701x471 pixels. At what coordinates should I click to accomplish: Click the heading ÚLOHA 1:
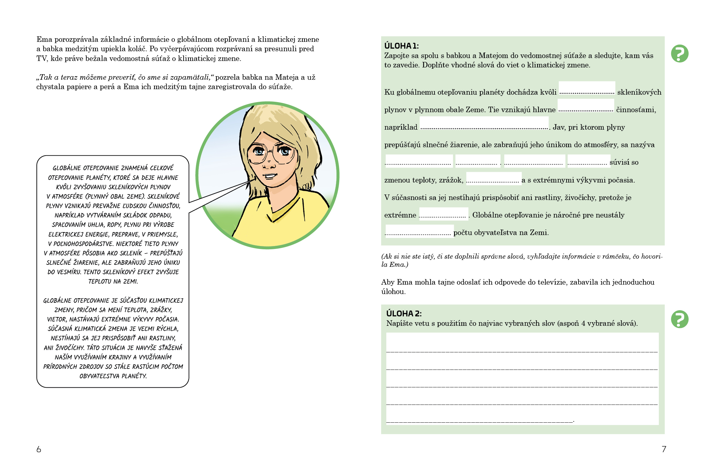[401, 46]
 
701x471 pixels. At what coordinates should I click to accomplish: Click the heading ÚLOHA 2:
[404, 313]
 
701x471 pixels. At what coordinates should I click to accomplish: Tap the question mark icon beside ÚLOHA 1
[680, 53]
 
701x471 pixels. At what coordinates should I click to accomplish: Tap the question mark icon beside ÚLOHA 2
[680, 319]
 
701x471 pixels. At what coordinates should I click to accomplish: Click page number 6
[39, 449]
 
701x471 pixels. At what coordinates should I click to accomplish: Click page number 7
[664, 449]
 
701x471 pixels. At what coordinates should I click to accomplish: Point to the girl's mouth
[270, 176]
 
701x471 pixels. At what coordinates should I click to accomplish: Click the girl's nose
[268, 164]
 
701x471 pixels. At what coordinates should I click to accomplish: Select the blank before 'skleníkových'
[586, 88]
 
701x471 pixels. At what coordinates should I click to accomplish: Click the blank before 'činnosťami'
[586, 106]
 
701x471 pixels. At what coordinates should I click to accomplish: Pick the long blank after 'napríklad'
[484, 124]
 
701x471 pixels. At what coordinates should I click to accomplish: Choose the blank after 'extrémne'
[443, 214]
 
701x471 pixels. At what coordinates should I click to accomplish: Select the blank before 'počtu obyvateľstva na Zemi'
[419, 231]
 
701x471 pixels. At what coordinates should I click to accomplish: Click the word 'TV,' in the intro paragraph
[42, 59]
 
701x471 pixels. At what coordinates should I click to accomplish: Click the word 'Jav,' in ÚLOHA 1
[559, 127]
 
